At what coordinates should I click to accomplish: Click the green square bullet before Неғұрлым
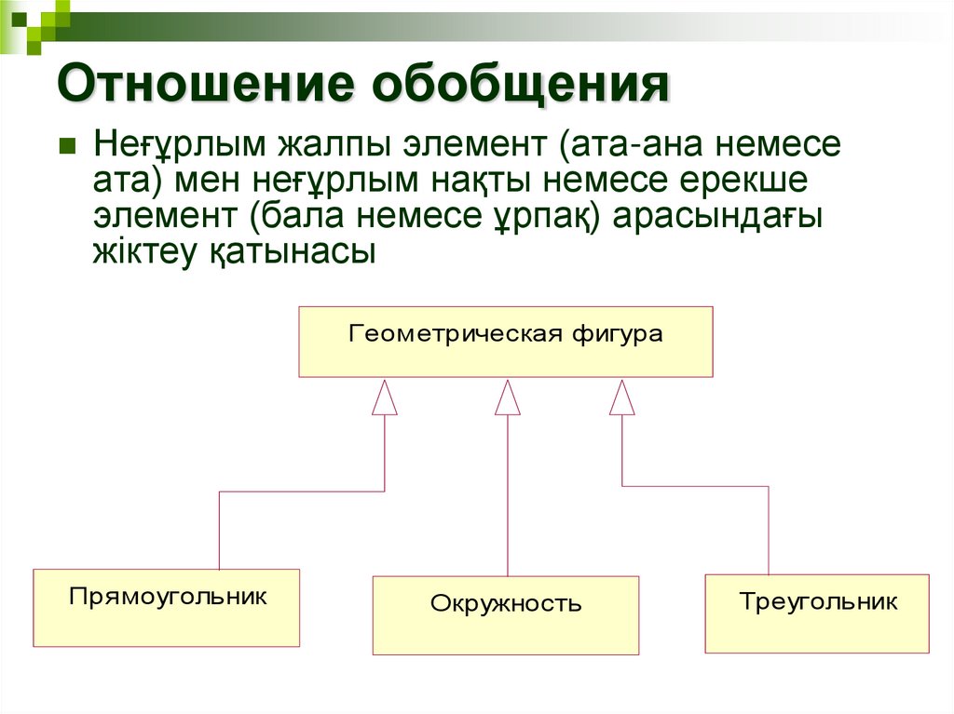(67, 147)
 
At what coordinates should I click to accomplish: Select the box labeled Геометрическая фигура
(506, 342)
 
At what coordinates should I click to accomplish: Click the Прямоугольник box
(167, 607)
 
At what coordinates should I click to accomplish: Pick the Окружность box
(506, 614)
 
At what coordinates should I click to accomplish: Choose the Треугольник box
(817, 613)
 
